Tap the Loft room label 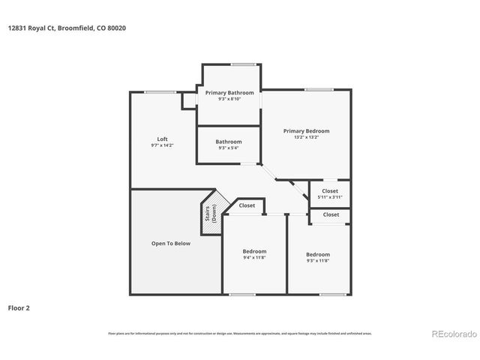tap(162, 139)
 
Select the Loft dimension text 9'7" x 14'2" tap(162, 145)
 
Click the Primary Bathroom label tap(229, 92)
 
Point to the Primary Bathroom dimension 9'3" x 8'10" tap(229, 99)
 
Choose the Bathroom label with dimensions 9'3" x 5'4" tap(229, 142)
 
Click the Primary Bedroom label tap(306, 130)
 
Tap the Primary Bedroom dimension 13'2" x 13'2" tap(306, 137)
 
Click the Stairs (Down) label tap(212, 213)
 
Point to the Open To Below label tap(171, 244)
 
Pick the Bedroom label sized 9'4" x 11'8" tap(254, 251)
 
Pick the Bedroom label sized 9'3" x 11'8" tap(317, 255)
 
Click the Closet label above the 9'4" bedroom tap(247, 205)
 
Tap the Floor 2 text tap(19, 307)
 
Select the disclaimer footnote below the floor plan tap(240, 333)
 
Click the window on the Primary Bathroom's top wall tap(242, 64)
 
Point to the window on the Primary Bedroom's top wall tap(319, 90)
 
